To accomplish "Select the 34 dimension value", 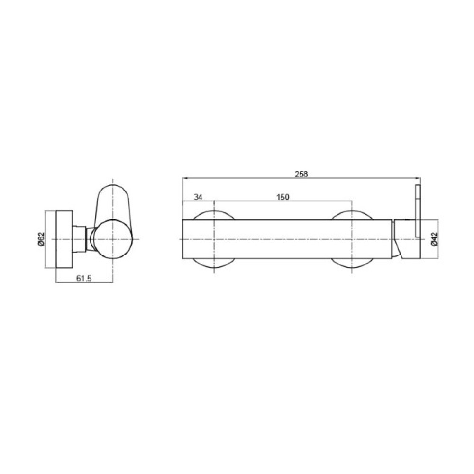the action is pos(198,197).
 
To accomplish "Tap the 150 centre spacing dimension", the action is pos(283,197).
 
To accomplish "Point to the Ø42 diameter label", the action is pos(434,239).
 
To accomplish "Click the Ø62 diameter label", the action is pos(41,239).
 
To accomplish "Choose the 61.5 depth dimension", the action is pos(84,278).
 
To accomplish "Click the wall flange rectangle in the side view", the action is pos(64,239).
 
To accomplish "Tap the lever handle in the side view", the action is pos(112,206).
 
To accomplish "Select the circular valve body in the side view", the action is pos(113,239).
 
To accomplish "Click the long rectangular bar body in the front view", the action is pos(287,239).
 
